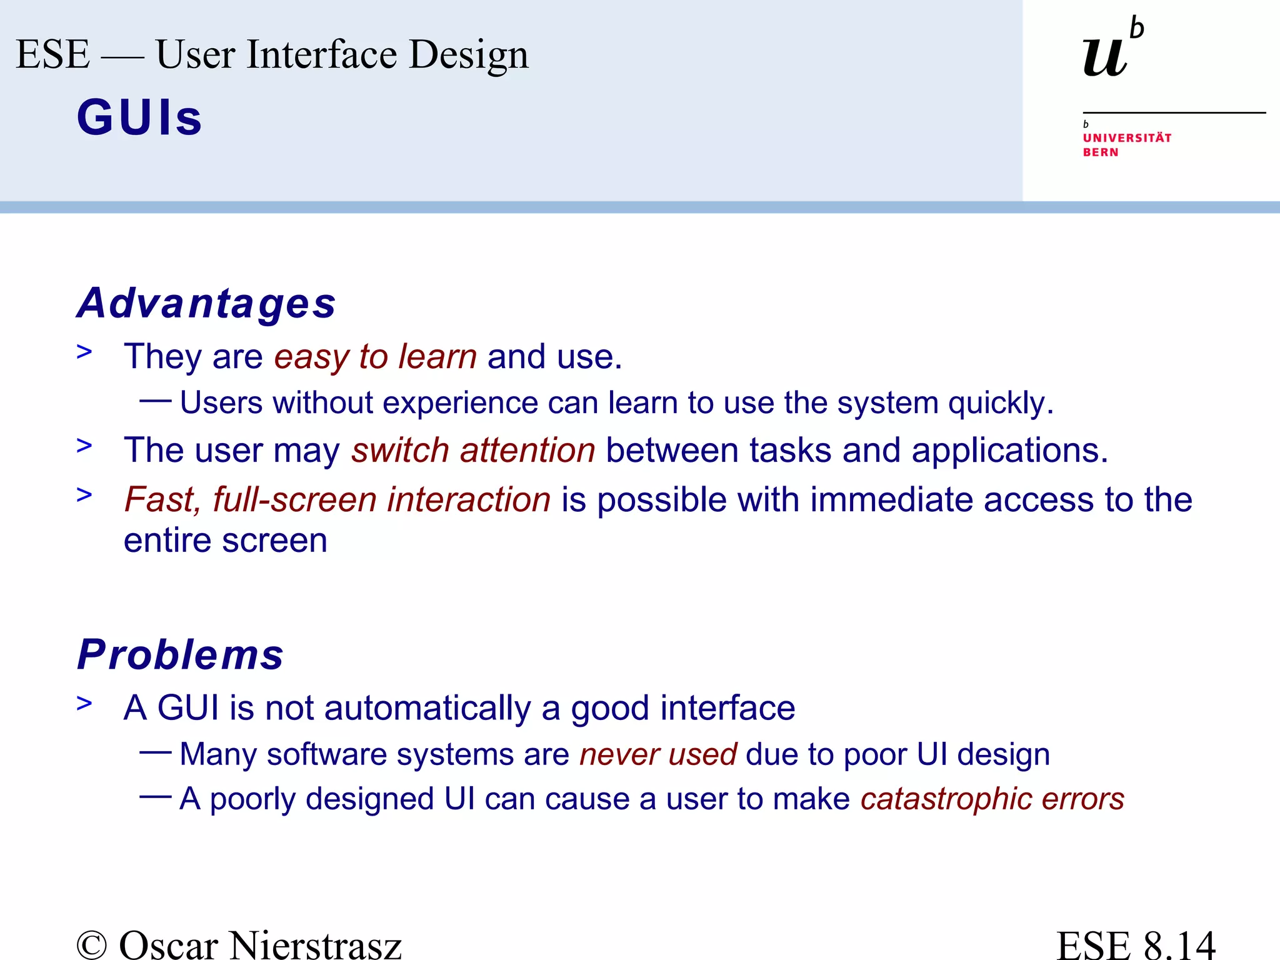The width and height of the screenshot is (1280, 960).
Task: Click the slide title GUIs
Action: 139,117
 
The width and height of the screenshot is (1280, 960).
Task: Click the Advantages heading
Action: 206,304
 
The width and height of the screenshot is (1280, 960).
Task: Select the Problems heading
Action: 180,655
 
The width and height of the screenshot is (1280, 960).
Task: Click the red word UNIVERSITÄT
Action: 1127,138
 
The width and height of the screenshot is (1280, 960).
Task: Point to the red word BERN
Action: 1101,152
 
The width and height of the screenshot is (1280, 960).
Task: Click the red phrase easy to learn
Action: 376,357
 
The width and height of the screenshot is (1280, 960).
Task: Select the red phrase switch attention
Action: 473,450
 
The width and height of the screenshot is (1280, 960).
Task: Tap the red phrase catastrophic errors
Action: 992,799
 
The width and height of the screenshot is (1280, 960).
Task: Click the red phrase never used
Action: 658,754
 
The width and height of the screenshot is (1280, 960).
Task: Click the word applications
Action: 1009,450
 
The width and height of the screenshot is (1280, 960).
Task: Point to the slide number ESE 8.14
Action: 1136,944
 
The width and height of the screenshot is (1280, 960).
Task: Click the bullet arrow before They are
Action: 84,352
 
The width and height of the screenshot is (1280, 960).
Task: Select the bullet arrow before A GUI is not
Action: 84,704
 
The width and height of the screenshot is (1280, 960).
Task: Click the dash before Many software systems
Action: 155,752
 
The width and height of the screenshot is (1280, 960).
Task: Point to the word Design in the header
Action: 469,55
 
